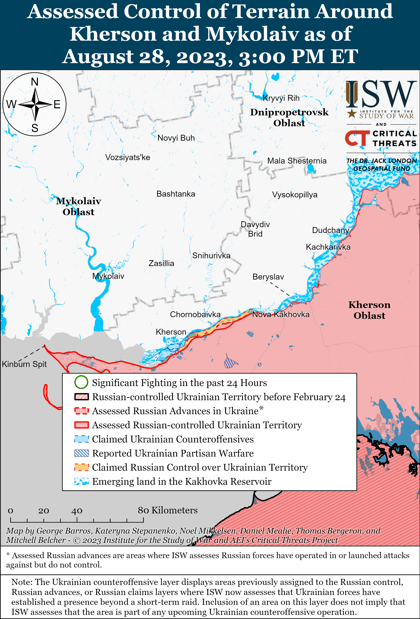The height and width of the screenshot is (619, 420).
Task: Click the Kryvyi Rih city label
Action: point(281,98)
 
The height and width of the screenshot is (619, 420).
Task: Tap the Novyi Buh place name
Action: point(176,138)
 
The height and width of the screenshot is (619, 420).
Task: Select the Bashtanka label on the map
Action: point(176,194)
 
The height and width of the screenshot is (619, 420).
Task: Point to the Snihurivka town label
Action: point(211,256)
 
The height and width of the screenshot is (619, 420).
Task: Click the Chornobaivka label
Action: point(195,315)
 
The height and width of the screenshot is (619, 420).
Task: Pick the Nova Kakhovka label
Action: point(281,315)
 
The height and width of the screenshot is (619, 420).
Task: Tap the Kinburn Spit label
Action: point(24,364)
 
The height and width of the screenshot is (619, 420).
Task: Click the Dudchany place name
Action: point(330,230)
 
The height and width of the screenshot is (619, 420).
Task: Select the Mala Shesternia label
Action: point(297,161)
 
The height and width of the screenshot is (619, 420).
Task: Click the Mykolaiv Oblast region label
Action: point(78,206)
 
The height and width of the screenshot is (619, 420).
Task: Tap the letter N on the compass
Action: point(35,82)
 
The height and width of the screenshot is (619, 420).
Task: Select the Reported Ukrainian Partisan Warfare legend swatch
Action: point(81,453)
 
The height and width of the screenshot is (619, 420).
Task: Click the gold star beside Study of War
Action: point(351,114)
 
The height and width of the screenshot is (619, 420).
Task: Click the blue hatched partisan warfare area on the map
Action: point(230,362)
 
